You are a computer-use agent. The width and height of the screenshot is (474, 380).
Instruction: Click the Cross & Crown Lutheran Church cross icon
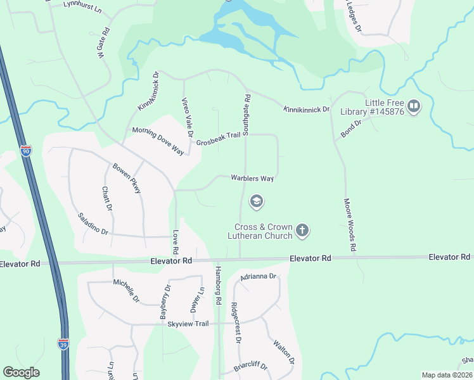[x=302, y=230]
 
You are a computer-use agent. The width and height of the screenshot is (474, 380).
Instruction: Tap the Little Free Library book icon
[x=414, y=106]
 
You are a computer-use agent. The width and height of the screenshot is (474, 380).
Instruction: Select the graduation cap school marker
[x=257, y=202]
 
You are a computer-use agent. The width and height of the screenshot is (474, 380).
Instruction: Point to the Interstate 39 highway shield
[x=63, y=344]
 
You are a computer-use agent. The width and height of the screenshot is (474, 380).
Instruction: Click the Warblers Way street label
[x=252, y=179]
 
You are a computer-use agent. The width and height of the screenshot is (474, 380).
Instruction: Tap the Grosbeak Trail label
[x=219, y=142]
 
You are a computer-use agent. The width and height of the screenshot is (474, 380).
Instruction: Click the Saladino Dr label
[x=93, y=223]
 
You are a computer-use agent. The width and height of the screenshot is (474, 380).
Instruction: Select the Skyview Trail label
[x=188, y=324]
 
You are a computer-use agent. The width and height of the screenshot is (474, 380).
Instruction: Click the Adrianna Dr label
[x=259, y=277]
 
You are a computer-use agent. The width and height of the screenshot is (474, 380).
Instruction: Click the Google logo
[x=21, y=372]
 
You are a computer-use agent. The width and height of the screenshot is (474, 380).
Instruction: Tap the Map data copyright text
[x=447, y=375]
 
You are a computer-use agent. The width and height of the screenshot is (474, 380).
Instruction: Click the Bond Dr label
[x=350, y=129]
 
